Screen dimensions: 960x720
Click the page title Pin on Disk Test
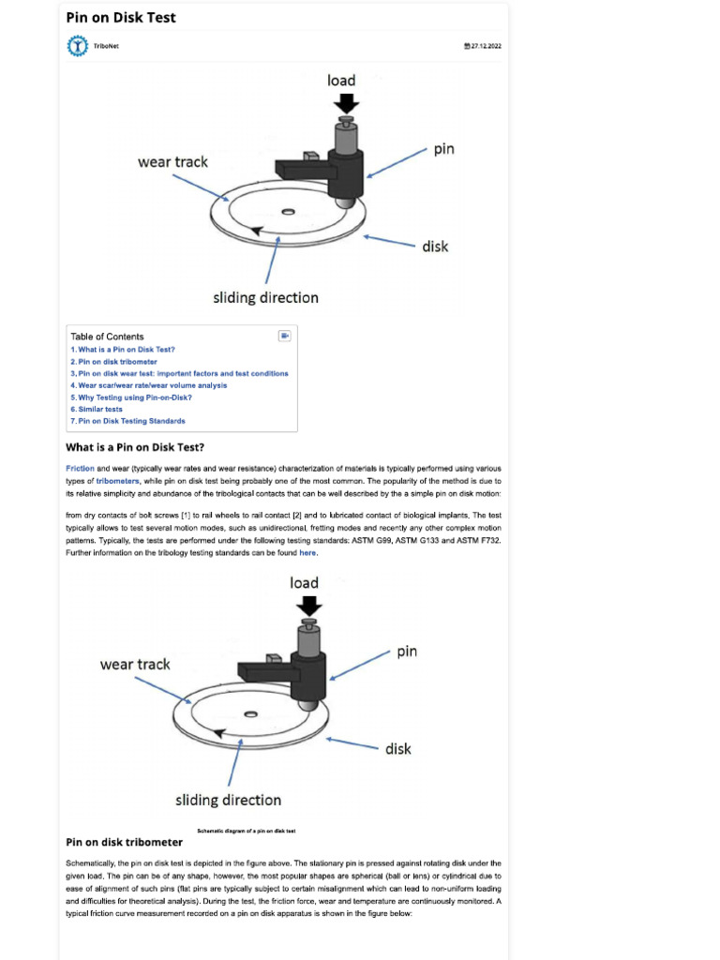[x=120, y=18]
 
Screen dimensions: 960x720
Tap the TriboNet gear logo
[x=76, y=46]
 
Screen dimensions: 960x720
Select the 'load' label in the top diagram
[x=341, y=81]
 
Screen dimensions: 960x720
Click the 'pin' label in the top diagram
[x=443, y=149]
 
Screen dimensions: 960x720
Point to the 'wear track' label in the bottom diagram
[x=135, y=665]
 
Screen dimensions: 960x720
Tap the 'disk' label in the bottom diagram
[x=398, y=749]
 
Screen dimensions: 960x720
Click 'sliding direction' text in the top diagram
[x=265, y=298]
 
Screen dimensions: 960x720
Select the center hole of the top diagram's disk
[x=287, y=211]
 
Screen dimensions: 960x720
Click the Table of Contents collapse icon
[x=285, y=336]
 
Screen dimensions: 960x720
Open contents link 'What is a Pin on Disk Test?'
[x=123, y=350]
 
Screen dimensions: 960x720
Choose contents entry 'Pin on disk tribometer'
[x=113, y=362]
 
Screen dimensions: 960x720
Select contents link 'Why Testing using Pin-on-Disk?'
[x=131, y=397]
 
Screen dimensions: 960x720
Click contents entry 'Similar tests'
[x=97, y=410]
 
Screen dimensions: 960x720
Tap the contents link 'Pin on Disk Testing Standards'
[x=127, y=421]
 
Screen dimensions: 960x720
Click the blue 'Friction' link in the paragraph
[x=80, y=468]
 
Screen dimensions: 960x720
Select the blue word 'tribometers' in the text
[x=117, y=480]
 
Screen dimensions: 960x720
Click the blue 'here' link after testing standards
[x=307, y=553]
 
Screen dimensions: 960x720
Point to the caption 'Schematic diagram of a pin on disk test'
[x=247, y=831]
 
